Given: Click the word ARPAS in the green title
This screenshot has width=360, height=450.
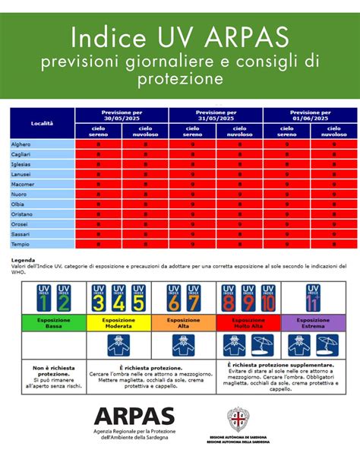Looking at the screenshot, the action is pos(244,36).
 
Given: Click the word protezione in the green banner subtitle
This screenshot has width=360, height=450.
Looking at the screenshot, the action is pos(180,78).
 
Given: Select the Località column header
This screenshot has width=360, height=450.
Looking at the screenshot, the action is pos(42,122).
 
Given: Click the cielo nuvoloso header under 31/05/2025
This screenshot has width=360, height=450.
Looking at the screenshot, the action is pos(240,131).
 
